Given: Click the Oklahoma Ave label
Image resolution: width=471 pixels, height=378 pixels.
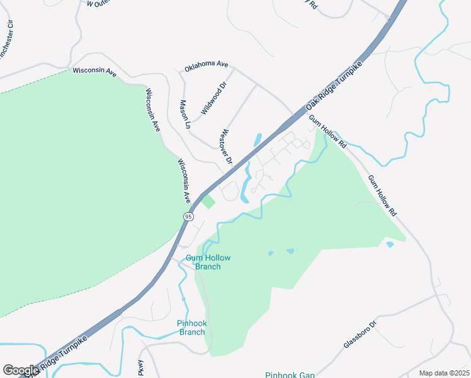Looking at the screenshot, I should (206, 65).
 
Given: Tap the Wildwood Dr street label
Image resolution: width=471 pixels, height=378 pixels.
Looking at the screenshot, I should (213, 99).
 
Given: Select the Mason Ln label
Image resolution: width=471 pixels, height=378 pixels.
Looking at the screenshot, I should (184, 114).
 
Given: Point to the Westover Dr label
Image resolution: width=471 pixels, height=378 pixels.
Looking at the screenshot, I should (227, 148).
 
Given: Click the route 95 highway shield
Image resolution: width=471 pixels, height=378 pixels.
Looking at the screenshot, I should (188, 216).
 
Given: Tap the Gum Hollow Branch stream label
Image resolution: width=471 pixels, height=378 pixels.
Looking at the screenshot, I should (208, 262).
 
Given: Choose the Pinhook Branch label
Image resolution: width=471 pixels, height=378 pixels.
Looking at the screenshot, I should (191, 328).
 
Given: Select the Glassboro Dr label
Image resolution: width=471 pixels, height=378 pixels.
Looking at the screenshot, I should (360, 335).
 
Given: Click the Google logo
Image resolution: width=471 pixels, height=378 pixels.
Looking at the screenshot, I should (20, 370).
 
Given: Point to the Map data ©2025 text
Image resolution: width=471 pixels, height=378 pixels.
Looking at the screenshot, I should (444, 373).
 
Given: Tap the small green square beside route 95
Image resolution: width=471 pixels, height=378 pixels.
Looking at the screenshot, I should (207, 202).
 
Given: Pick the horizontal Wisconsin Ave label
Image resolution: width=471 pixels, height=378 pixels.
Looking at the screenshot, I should (95, 72).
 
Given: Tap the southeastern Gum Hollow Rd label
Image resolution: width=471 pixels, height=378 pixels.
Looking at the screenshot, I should (383, 195).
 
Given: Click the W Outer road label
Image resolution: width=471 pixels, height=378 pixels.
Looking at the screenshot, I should (98, 3).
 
